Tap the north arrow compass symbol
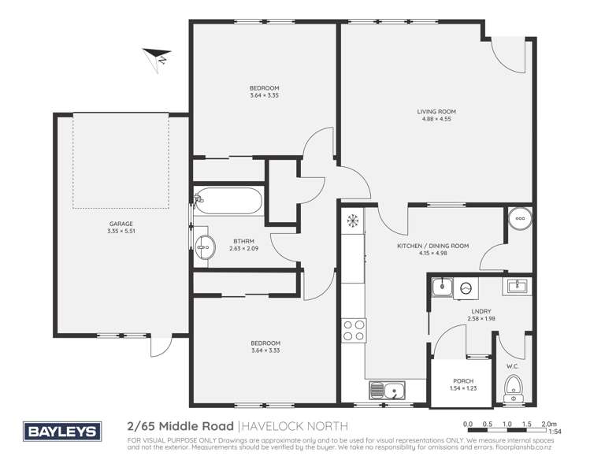point(156,56)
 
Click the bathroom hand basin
point(205,247)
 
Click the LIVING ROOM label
point(436,112)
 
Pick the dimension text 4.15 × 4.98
point(432,254)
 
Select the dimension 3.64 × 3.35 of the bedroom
point(264,95)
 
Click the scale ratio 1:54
point(555,432)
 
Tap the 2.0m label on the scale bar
point(550,423)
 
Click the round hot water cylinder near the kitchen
point(518,218)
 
